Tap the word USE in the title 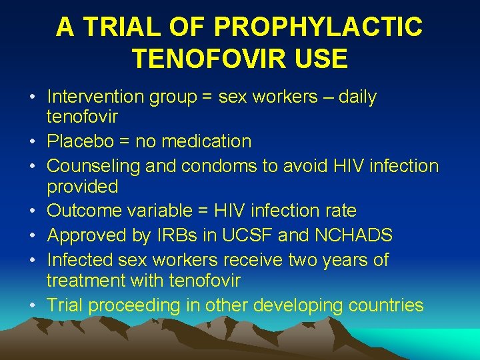point(321,59)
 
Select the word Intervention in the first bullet point(95,97)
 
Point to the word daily point(357,97)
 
